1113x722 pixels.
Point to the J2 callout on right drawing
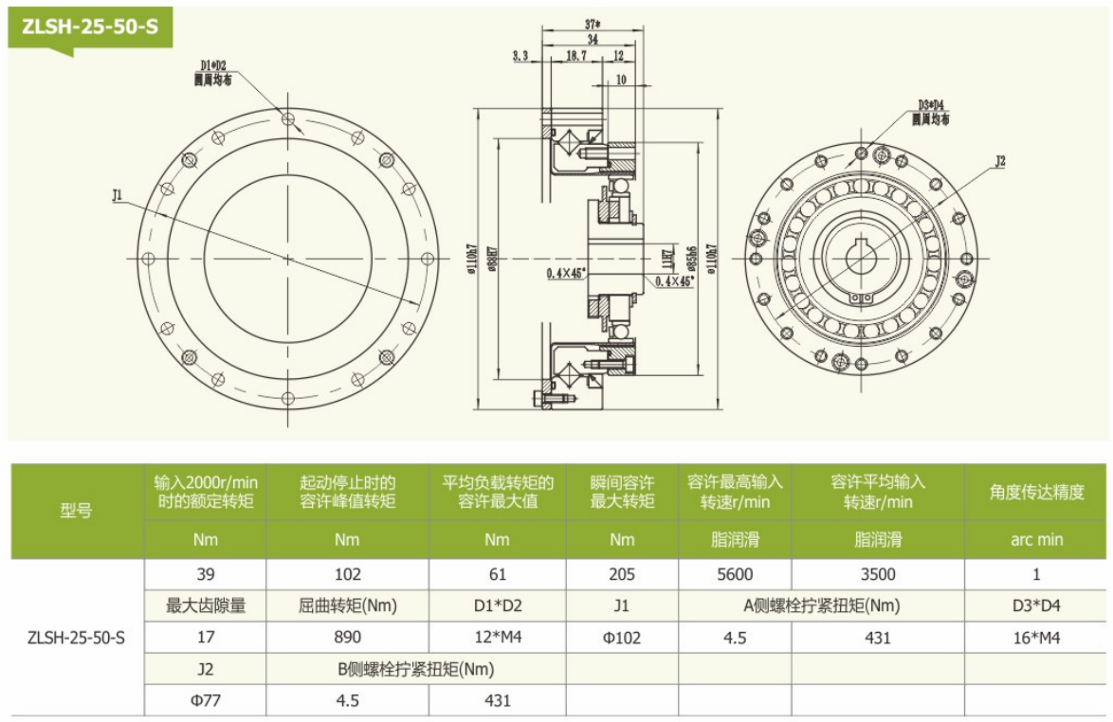click(x=999, y=162)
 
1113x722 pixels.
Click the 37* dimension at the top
click(x=593, y=24)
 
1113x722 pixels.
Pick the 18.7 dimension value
click(x=575, y=57)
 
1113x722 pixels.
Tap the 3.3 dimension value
click(x=520, y=57)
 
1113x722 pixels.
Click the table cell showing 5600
click(x=735, y=573)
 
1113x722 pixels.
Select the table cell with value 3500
click(x=878, y=573)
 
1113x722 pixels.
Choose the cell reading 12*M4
click(x=497, y=638)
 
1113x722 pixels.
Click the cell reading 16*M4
click(x=1036, y=638)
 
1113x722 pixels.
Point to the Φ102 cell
click(x=622, y=638)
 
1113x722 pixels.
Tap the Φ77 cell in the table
click(x=205, y=701)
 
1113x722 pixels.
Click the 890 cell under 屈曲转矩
click(x=347, y=638)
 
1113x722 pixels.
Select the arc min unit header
click(x=1036, y=540)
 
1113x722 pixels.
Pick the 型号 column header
click(x=77, y=511)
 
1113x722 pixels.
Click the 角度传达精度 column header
click(x=1036, y=492)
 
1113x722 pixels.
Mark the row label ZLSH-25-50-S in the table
click(x=77, y=638)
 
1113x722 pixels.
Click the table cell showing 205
click(x=622, y=573)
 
